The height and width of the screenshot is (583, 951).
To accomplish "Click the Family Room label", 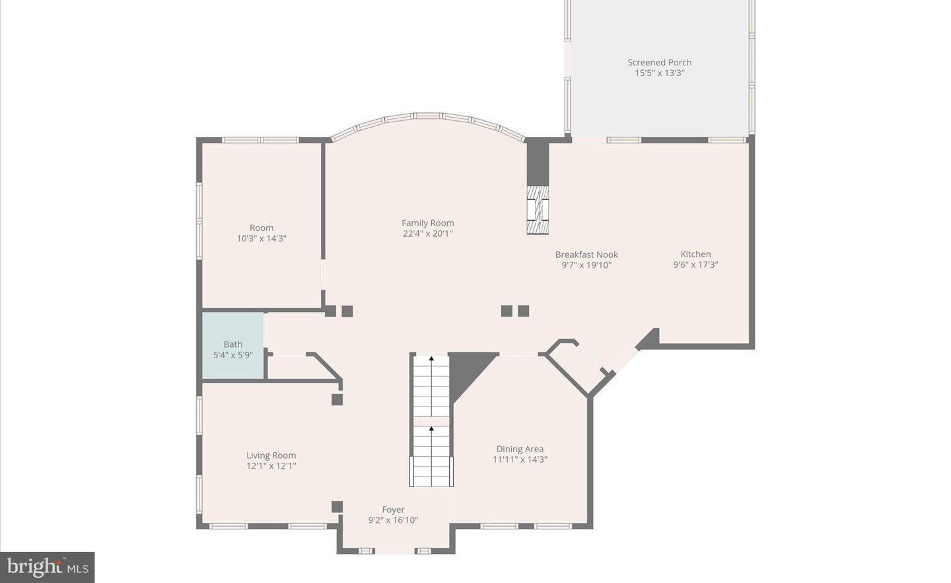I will coord(427,223).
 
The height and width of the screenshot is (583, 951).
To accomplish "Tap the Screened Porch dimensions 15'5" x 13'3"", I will coord(659,73).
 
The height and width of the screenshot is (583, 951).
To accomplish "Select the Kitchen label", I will coord(695,254).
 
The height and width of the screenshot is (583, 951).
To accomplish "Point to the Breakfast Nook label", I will coord(586,254).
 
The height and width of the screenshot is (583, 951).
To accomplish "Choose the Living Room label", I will coord(271,455).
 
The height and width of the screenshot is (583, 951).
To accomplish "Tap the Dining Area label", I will coord(520,449).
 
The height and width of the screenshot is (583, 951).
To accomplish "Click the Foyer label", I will coord(393,510).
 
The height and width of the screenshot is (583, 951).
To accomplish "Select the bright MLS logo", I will coord(48,567).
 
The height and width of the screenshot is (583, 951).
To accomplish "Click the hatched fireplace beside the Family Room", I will coord(538,210).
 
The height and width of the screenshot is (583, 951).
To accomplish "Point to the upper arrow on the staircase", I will coord(431,359).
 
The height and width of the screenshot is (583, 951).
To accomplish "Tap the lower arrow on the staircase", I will coord(431,430).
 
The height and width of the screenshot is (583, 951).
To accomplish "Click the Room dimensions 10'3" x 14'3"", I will coord(262,239).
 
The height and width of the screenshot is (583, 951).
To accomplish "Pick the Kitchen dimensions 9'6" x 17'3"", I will coord(695,264).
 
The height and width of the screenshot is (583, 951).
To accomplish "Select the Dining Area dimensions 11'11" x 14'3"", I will coord(520,459).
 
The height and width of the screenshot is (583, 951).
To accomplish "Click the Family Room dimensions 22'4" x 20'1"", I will coord(427,233).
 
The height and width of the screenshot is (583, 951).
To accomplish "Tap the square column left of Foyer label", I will coord(337,507).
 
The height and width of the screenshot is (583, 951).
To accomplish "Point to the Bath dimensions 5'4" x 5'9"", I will coord(232,355).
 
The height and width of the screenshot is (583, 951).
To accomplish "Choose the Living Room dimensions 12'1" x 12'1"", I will coord(271,465).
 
